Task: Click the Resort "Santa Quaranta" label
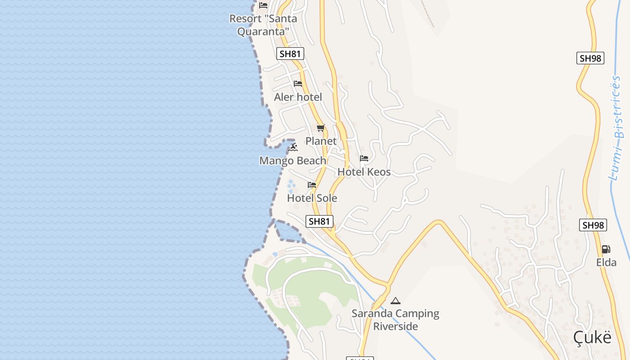263,25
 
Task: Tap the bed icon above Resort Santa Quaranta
263,5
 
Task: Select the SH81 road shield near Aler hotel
290,54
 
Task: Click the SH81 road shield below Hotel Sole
319,221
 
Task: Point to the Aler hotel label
298,97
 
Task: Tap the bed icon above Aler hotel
297,84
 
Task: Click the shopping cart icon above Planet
320,128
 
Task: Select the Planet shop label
321,141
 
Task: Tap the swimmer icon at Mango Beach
293,147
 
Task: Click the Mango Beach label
293,161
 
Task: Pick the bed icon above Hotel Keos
364,158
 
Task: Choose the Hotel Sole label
312,198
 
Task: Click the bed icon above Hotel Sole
312,185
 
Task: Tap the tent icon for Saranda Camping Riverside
396,301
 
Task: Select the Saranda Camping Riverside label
396,320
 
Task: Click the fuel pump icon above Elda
606,249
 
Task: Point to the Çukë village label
593,337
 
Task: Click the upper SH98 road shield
590,58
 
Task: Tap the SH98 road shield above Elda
593,225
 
